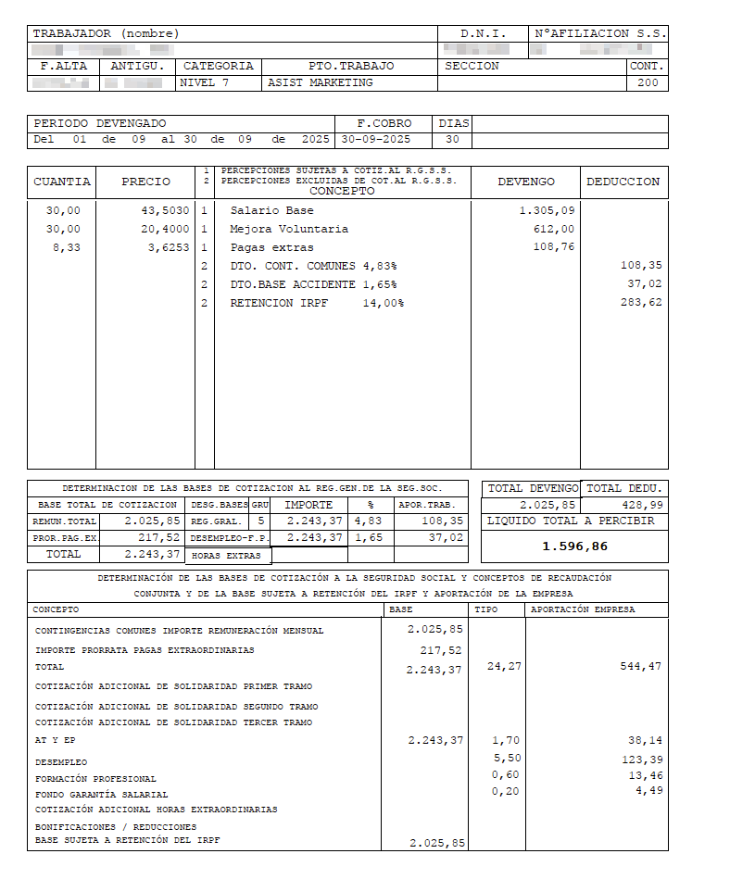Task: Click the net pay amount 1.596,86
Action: point(574,546)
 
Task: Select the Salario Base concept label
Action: point(271,210)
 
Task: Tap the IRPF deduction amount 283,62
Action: point(642,303)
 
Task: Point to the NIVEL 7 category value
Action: point(204,82)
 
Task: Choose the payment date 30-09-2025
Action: point(374,140)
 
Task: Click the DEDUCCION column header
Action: point(623,182)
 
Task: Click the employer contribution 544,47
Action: point(640,666)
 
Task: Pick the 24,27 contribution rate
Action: point(504,666)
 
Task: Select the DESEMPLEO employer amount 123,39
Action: point(640,759)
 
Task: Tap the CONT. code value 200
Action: point(648,82)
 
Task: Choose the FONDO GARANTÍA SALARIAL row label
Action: point(102,794)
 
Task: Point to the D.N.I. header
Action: point(483,33)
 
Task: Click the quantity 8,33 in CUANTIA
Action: point(63,247)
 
